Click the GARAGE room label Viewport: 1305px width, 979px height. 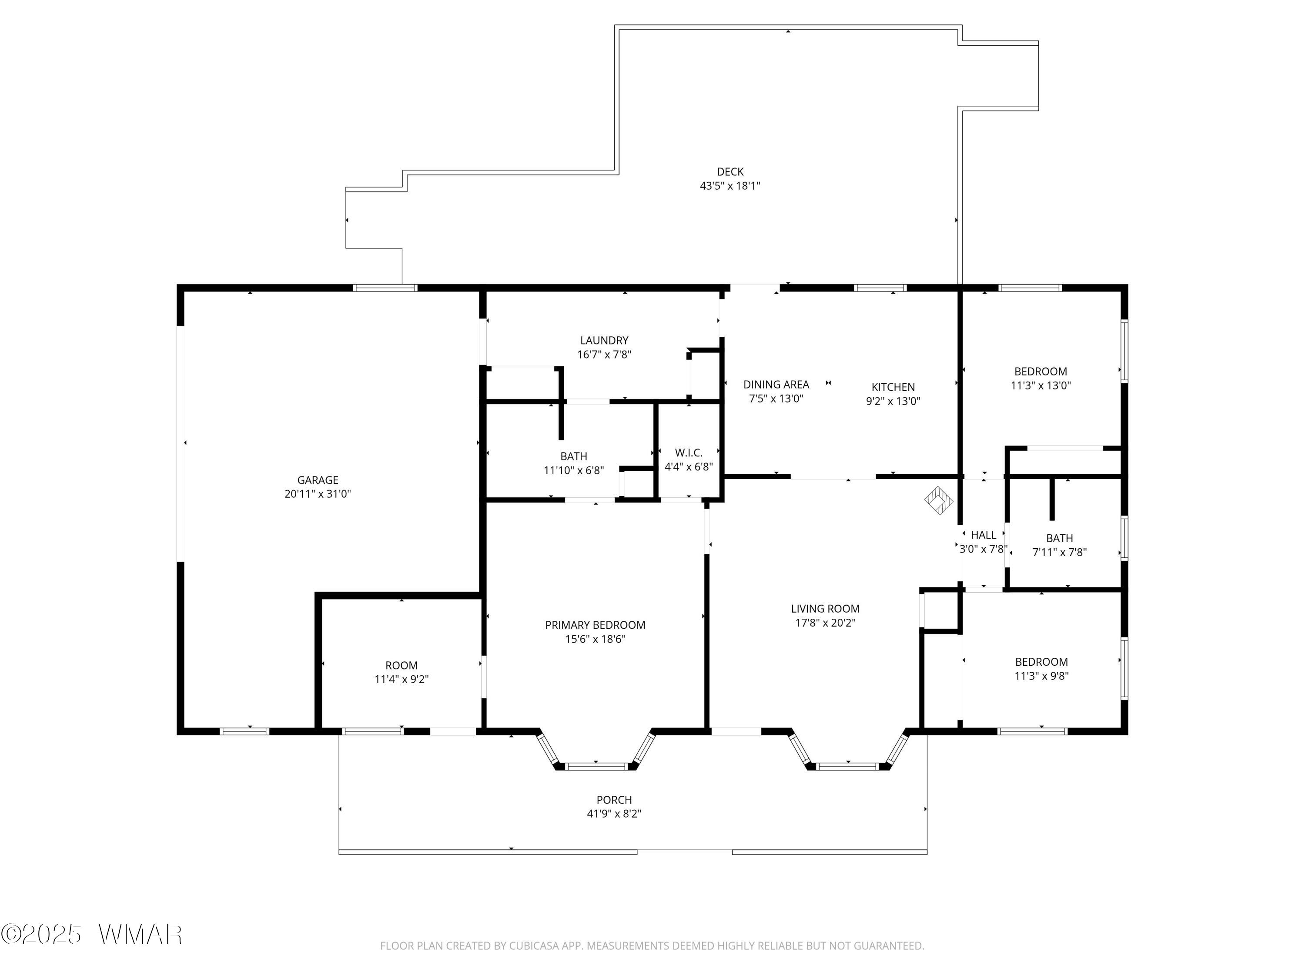click(x=318, y=480)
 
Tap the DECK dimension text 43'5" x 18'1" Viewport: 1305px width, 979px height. click(x=730, y=186)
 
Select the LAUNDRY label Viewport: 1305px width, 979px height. click(x=604, y=341)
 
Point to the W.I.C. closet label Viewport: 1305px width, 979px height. click(x=689, y=453)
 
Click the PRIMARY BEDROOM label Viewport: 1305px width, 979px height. click(x=595, y=625)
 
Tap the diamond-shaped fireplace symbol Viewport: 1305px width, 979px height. click(x=939, y=500)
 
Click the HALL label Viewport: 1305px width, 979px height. click(x=984, y=535)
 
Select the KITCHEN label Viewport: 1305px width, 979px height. click(x=893, y=387)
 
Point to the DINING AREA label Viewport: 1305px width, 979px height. click(x=776, y=385)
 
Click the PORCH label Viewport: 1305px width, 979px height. click(x=614, y=800)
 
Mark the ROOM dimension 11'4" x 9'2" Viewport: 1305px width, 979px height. click(x=401, y=679)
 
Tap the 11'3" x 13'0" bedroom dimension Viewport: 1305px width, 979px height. click(x=1041, y=386)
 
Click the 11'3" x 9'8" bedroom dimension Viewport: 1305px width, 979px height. click(x=1041, y=676)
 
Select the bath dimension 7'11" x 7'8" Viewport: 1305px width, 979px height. click(x=1060, y=552)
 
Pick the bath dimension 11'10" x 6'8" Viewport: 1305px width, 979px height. click(x=573, y=470)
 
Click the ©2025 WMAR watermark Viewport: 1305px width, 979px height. click(x=91, y=934)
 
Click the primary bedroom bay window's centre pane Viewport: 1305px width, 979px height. click(x=596, y=767)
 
